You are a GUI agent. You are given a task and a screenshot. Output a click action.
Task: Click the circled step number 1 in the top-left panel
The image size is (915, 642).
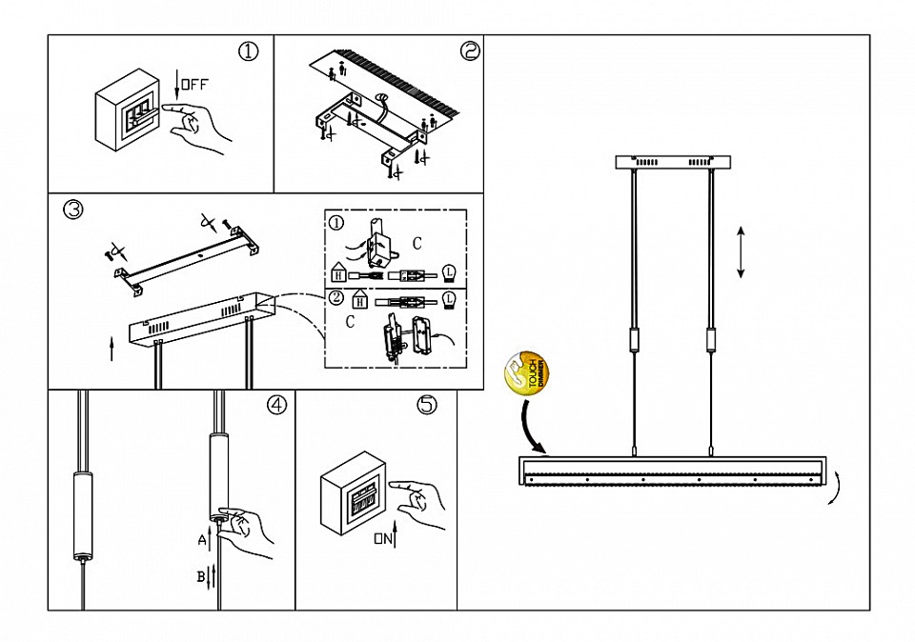249,51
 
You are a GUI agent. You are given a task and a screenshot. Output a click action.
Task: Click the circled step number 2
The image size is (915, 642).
470,51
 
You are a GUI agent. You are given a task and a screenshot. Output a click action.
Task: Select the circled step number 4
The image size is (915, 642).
276,405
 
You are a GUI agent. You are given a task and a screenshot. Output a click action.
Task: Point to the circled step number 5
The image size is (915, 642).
427,405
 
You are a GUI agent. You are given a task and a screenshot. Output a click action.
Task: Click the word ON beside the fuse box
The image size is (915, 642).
383,540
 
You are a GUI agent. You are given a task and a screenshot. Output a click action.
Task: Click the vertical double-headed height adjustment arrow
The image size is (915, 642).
741,252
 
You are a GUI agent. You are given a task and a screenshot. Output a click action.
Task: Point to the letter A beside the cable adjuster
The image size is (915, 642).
202,540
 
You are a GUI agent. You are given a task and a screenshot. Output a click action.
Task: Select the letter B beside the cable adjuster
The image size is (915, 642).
202,575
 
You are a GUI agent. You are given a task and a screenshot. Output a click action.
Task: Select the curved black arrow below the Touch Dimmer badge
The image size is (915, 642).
530,427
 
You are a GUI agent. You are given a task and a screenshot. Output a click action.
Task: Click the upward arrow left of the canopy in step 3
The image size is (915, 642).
112,348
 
